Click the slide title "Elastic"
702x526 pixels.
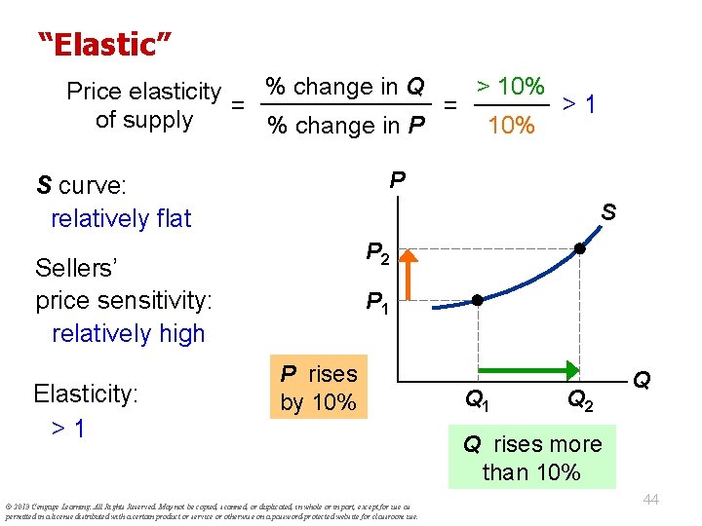click(104, 44)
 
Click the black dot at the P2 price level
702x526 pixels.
click(579, 249)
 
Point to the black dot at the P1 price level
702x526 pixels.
click(478, 299)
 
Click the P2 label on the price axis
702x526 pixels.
click(379, 254)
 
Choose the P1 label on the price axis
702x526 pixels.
click(378, 305)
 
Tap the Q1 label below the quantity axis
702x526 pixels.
click(478, 398)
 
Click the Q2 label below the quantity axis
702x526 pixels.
click(579, 398)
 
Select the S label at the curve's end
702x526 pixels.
click(607, 210)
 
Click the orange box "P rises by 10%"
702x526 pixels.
click(319, 388)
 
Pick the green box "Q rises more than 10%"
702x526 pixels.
click(532, 459)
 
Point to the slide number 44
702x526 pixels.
click(651, 499)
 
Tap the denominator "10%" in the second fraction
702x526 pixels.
click(511, 125)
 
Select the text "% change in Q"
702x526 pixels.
click(345, 87)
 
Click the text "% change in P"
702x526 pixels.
click(346, 126)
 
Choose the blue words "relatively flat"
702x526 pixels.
click(121, 218)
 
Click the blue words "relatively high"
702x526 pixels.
click(128, 333)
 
